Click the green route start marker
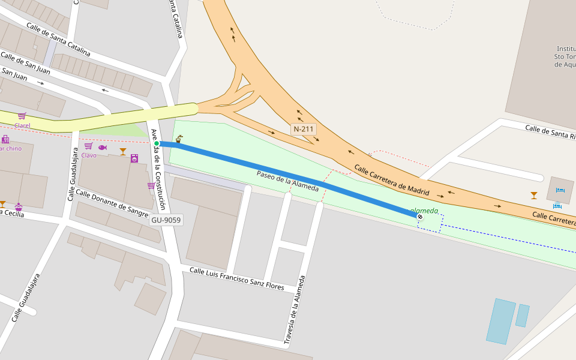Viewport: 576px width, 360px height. (x=157, y=143)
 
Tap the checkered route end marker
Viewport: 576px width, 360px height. (x=420, y=217)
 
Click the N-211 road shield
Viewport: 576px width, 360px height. (x=304, y=129)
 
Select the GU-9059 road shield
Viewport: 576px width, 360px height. (x=166, y=220)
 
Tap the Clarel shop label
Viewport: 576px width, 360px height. (x=22, y=125)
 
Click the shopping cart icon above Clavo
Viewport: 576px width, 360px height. (x=88, y=146)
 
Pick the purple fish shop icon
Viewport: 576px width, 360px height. (x=103, y=148)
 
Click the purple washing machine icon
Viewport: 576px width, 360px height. (x=134, y=158)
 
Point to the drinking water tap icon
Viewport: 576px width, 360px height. (x=178, y=139)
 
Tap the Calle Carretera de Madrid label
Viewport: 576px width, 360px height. (x=391, y=181)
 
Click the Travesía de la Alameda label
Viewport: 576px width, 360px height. (x=295, y=310)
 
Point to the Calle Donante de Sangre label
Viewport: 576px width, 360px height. (x=112, y=203)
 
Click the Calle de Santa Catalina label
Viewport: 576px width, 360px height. (x=58, y=40)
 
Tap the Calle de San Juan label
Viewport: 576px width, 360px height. (x=25, y=62)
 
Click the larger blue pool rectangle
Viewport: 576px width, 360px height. (x=501, y=321)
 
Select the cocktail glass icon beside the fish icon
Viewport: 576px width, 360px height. (x=123, y=151)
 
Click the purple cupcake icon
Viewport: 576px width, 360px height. (x=19, y=206)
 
